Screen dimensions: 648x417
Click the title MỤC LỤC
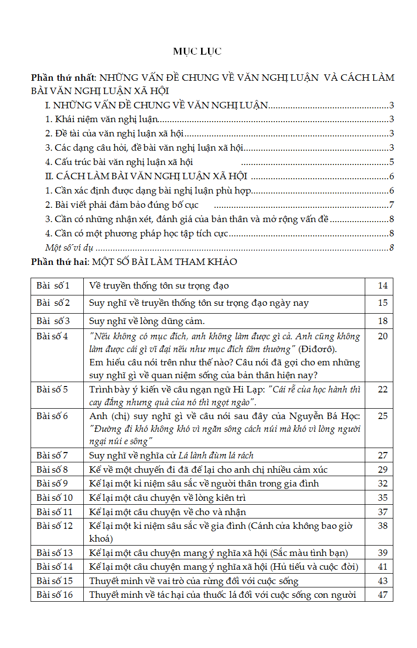pyautogui.click(x=197, y=51)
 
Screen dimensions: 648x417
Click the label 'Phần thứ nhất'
pyautogui.click(x=64, y=78)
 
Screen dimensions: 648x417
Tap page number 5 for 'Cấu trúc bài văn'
pyautogui.click(x=391, y=162)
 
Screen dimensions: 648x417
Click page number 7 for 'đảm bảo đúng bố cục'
pyautogui.click(x=391, y=205)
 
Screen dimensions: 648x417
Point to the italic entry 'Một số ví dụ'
pyautogui.click(x=69, y=248)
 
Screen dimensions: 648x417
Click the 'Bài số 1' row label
pyautogui.click(x=53, y=286)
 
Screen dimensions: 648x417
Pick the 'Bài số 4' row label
pyautogui.click(x=52, y=337)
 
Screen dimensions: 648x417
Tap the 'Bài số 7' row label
pyautogui.click(x=52, y=455)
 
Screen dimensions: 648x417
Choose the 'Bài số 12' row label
pyautogui.click(x=55, y=526)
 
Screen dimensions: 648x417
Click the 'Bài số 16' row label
pyautogui.click(x=55, y=595)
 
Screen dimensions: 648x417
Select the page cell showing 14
pyautogui.click(x=382, y=286)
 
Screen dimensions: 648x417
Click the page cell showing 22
pyautogui.click(x=382, y=389)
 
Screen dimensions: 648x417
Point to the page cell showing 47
pyautogui.click(x=382, y=595)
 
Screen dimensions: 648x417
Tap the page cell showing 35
pyautogui.click(x=382, y=498)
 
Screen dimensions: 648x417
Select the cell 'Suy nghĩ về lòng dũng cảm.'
pyautogui.click(x=147, y=321)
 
